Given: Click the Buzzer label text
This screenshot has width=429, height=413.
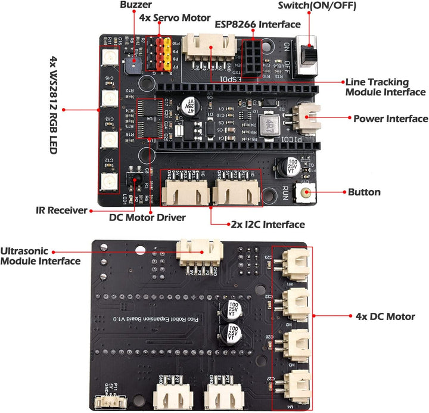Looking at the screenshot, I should coord(135,5).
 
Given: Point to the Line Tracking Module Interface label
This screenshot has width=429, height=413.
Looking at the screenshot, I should coord(386,87).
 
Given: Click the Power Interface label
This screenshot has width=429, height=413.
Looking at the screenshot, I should coord(390,119).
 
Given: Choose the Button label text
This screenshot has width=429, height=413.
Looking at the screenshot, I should coord(368,192).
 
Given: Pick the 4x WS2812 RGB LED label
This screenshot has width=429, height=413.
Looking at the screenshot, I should coord(52,105).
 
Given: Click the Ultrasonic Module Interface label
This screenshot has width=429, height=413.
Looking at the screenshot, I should coord(41,256).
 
